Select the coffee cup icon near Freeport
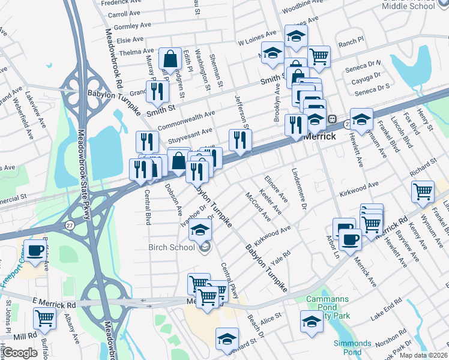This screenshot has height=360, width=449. click(35, 251)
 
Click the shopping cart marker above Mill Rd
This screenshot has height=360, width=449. click(45, 317)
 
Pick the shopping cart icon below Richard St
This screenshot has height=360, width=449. click(423, 193)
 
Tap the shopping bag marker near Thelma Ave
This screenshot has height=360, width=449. click(170, 59)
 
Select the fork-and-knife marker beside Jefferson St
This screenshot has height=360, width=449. click(240, 140)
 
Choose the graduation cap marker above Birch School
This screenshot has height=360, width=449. click(200, 229)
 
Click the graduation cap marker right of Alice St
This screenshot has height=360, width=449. click(311, 322)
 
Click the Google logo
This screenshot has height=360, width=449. click(20, 353)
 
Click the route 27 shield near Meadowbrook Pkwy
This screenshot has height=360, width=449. click(70, 224)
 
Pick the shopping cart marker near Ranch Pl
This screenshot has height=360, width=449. click(319, 57)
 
